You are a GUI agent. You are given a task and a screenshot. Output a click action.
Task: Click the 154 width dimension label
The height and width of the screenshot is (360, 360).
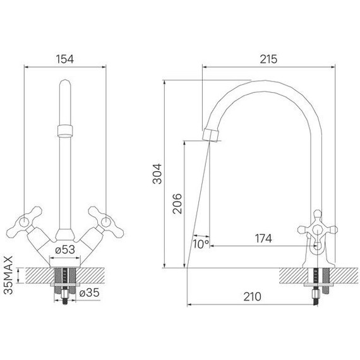[x=65, y=59]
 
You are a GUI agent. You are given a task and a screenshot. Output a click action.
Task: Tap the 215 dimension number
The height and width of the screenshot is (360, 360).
[x=268, y=59]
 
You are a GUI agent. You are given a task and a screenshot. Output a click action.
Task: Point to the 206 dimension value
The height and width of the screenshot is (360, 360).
[x=177, y=203]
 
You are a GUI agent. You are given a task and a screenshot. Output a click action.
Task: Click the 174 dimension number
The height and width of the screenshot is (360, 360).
[x=263, y=239]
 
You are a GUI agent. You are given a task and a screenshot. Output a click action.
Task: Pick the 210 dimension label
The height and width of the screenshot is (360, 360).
[x=253, y=297]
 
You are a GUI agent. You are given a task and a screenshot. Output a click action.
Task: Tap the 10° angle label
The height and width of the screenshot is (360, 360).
[x=201, y=244]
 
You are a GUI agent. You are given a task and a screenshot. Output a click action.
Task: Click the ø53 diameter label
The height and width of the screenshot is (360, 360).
[x=65, y=249]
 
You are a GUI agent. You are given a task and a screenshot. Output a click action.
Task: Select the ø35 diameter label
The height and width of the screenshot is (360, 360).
[x=89, y=292]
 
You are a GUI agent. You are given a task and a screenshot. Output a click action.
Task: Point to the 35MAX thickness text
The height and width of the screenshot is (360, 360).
[x=9, y=275]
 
